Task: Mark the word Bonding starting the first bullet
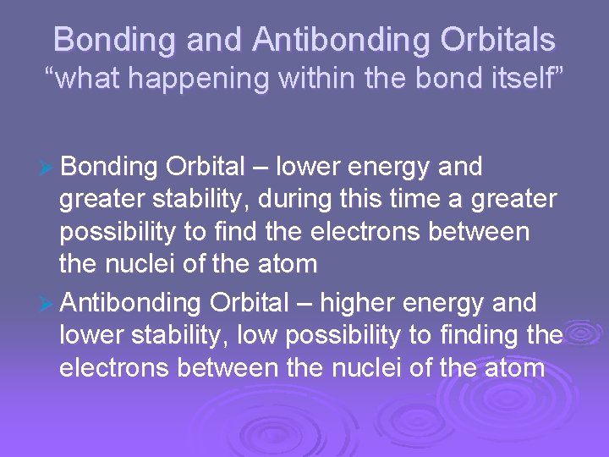coord(110,167)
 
